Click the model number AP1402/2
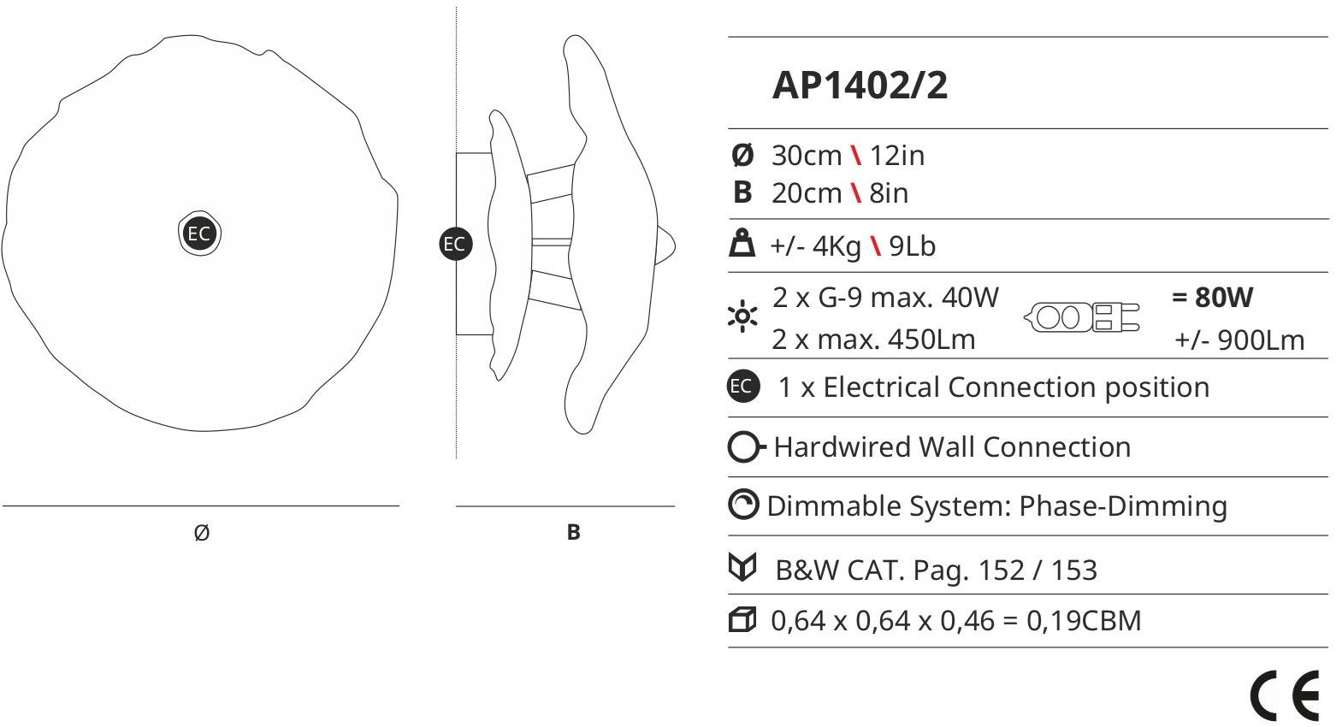point(860,86)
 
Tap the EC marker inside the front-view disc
point(198,233)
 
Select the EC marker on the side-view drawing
point(454,244)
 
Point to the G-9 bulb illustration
point(1082,317)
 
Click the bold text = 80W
point(1212,298)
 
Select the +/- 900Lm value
point(1239,340)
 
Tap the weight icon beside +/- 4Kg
point(741,245)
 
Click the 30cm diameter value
point(807,156)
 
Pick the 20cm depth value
point(807,193)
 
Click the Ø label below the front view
point(202,533)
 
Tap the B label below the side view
point(573,532)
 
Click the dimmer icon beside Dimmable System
point(742,505)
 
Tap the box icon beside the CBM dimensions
point(742,619)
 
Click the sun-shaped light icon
point(742,317)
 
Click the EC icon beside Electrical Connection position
point(742,386)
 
